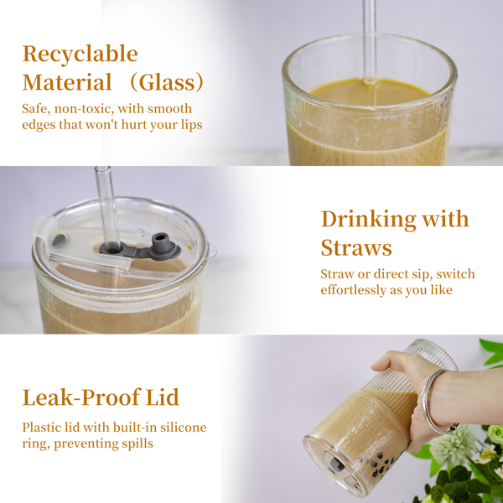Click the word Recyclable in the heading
[x=80, y=54]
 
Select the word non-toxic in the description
[x=84, y=109]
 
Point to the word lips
[x=191, y=125]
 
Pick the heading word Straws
[x=356, y=247]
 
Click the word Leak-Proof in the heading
[x=82, y=397]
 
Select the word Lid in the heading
[x=163, y=397]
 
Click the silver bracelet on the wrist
[x=433, y=401]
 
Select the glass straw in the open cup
[x=370, y=43]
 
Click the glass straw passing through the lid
[x=107, y=209]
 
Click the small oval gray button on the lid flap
[x=60, y=239]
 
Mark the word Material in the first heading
[x=67, y=82]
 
